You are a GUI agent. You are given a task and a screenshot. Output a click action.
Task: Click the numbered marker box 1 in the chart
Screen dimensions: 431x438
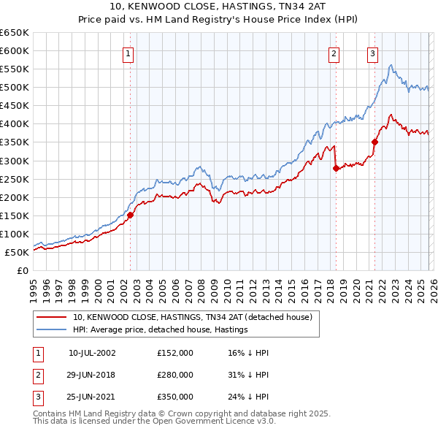click(x=128, y=53)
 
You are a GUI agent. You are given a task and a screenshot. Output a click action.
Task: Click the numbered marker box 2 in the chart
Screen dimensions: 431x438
click(x=334, y=53)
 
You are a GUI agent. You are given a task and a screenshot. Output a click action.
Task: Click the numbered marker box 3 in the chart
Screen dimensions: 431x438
click(x=372, y=53)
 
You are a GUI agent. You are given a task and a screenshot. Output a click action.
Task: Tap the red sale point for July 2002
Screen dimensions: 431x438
click(x=131, y=215)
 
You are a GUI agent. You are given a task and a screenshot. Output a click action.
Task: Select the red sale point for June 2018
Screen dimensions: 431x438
click(x=336, y=168)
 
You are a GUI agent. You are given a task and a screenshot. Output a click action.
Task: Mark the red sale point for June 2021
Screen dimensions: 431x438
click(x=374, y=142)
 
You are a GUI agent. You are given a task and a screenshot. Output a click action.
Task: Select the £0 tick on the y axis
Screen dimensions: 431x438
click(x=23, y=271)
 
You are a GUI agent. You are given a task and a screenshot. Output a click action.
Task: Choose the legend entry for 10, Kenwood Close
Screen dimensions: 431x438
click(x=193, y=317)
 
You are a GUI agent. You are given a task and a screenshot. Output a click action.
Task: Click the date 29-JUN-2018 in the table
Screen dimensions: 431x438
click(x=91, y=375)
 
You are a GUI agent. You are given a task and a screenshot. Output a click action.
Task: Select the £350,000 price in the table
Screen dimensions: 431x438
click(x=174, y=397)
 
